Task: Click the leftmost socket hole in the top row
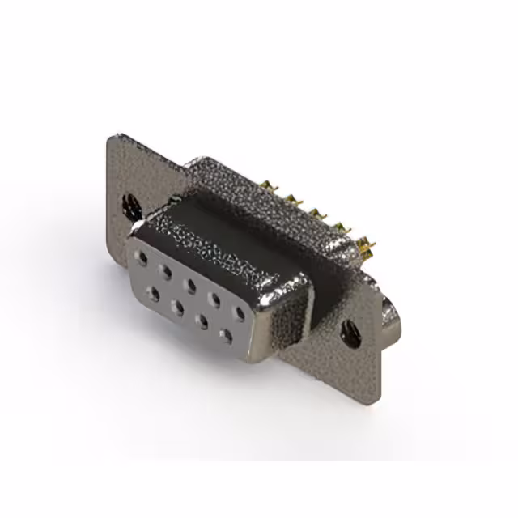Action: pos(142,259)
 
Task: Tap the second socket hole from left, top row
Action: pos(166,272)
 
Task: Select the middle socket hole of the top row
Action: pos(190,285)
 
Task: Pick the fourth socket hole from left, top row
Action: pos(214,299)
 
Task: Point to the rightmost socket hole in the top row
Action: pos(239,312)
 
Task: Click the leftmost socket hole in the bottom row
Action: pos(152,294)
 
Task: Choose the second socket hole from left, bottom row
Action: pos(177,308)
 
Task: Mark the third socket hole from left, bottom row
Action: pos(202,321)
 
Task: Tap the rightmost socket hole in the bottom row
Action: pos(227,334)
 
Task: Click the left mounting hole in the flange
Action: pos(129,205)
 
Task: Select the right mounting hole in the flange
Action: pos(350,333)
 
